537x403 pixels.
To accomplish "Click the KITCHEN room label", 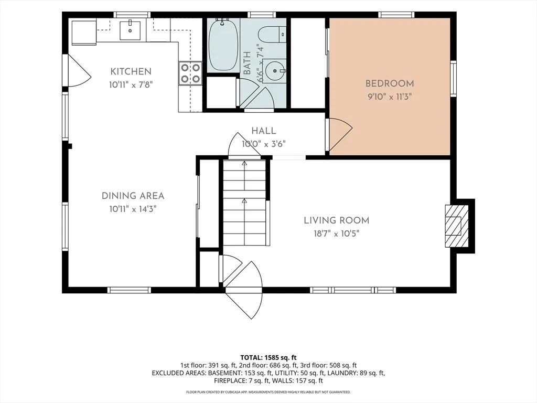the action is coord(131,71).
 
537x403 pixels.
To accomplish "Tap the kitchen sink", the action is coord(130,30).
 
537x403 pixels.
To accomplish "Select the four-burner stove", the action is coord(190,73).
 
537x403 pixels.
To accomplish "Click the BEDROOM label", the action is coord(390,83).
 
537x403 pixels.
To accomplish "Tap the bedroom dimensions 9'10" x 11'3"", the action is coord(390,97).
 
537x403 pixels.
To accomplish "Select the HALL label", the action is coord(264,131).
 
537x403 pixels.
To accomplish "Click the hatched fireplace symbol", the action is coord(457,226).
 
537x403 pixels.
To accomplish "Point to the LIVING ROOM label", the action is coord(337,220).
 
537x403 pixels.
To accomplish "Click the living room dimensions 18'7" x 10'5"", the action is coord(337,234).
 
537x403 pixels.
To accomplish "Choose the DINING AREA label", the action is coord(133,196).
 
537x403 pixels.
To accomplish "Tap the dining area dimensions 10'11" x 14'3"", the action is coord(133,209).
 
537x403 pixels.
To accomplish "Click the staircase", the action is coord(244,203).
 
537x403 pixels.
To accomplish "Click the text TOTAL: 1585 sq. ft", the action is coord(268,358).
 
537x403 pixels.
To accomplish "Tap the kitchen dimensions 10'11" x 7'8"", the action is coord(131,84).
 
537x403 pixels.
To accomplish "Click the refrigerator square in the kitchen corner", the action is coord(84,33).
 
